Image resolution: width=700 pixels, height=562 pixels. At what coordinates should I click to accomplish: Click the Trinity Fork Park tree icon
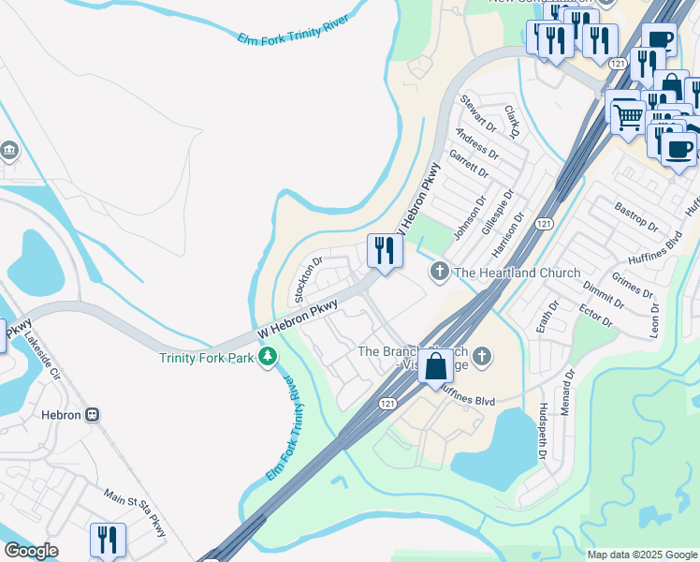269,357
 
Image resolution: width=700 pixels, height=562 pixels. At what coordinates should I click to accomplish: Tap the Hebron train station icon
93,415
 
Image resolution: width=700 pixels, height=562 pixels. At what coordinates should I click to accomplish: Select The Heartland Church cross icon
437,273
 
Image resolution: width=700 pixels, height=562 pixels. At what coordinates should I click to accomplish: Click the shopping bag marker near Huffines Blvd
435,365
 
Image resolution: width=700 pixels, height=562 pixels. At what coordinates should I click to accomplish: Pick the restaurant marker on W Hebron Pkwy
385,251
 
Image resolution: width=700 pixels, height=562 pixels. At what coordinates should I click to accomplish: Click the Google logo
30,551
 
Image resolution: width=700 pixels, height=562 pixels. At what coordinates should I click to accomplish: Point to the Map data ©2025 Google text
641,555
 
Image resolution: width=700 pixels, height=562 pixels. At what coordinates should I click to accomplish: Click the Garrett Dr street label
469,164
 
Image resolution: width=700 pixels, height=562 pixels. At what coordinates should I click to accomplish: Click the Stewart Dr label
478,113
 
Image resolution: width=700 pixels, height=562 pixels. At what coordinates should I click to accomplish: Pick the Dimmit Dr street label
602,293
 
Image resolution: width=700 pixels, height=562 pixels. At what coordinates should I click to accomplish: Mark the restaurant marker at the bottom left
108,540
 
